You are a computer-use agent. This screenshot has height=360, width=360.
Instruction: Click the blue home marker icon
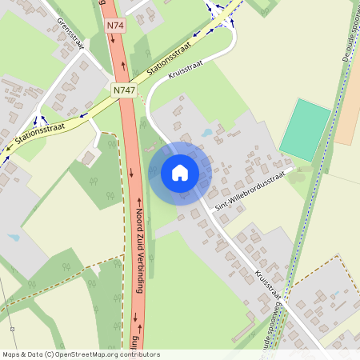point(180,173)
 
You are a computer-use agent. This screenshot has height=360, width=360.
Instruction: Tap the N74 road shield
point(115,26)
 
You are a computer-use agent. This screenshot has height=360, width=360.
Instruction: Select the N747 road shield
point(123,90)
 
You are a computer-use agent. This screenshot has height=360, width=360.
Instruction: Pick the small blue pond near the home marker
point(207,132)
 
